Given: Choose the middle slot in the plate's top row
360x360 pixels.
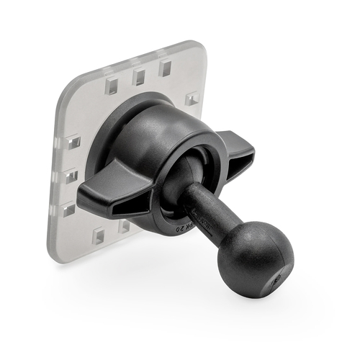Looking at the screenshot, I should tap(140, 76).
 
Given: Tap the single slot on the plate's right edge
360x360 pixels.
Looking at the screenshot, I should tap(192, 99).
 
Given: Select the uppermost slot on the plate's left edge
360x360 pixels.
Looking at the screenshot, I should tap(74, 143).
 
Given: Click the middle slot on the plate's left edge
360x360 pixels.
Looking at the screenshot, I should tap(71, 176).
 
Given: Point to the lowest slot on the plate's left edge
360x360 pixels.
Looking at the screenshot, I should tap(69, 210).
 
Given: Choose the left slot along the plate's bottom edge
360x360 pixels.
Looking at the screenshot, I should tap(99, 235).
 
